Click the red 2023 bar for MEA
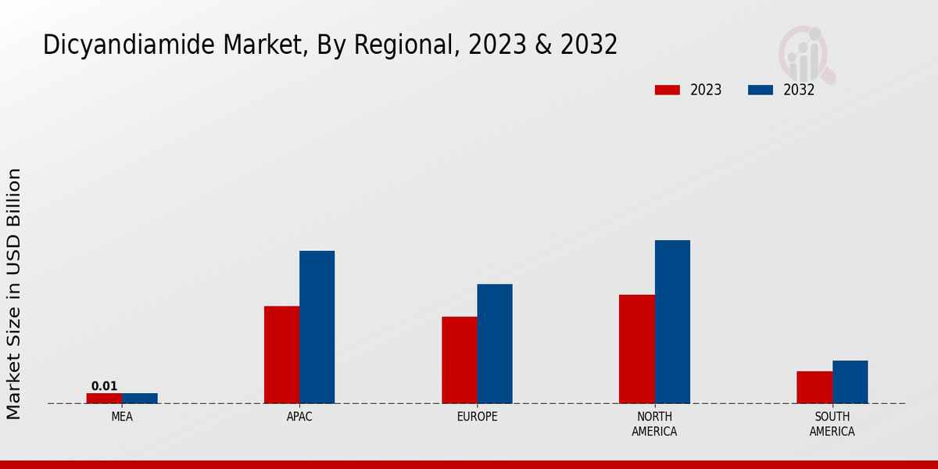click(x=104, y=398)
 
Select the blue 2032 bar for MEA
click(x=139, y=398)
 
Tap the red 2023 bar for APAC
click(x=281, y=354)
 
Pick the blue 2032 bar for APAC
click(x=317, y=327)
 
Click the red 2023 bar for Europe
click(x=459, y=360)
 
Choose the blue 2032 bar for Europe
click(x=495, y=343)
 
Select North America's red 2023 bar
click(x=636, y=349)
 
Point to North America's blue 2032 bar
click(x=672, y=321)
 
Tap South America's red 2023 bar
click(x=814, y=387)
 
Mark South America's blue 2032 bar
click(x=850, y=381)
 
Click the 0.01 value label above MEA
click(x=104, y=386)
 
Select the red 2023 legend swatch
click(x=667, y=90)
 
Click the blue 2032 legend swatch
click(x=760, y=90)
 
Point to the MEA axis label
click(x=122, y=417)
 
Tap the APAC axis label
click(x=299, y=417)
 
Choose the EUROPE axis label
click(x=477, y=417)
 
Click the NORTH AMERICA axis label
click(x=655, y=424)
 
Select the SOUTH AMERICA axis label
click(x=832, y=424)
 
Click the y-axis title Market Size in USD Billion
click(x=14, y=293)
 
